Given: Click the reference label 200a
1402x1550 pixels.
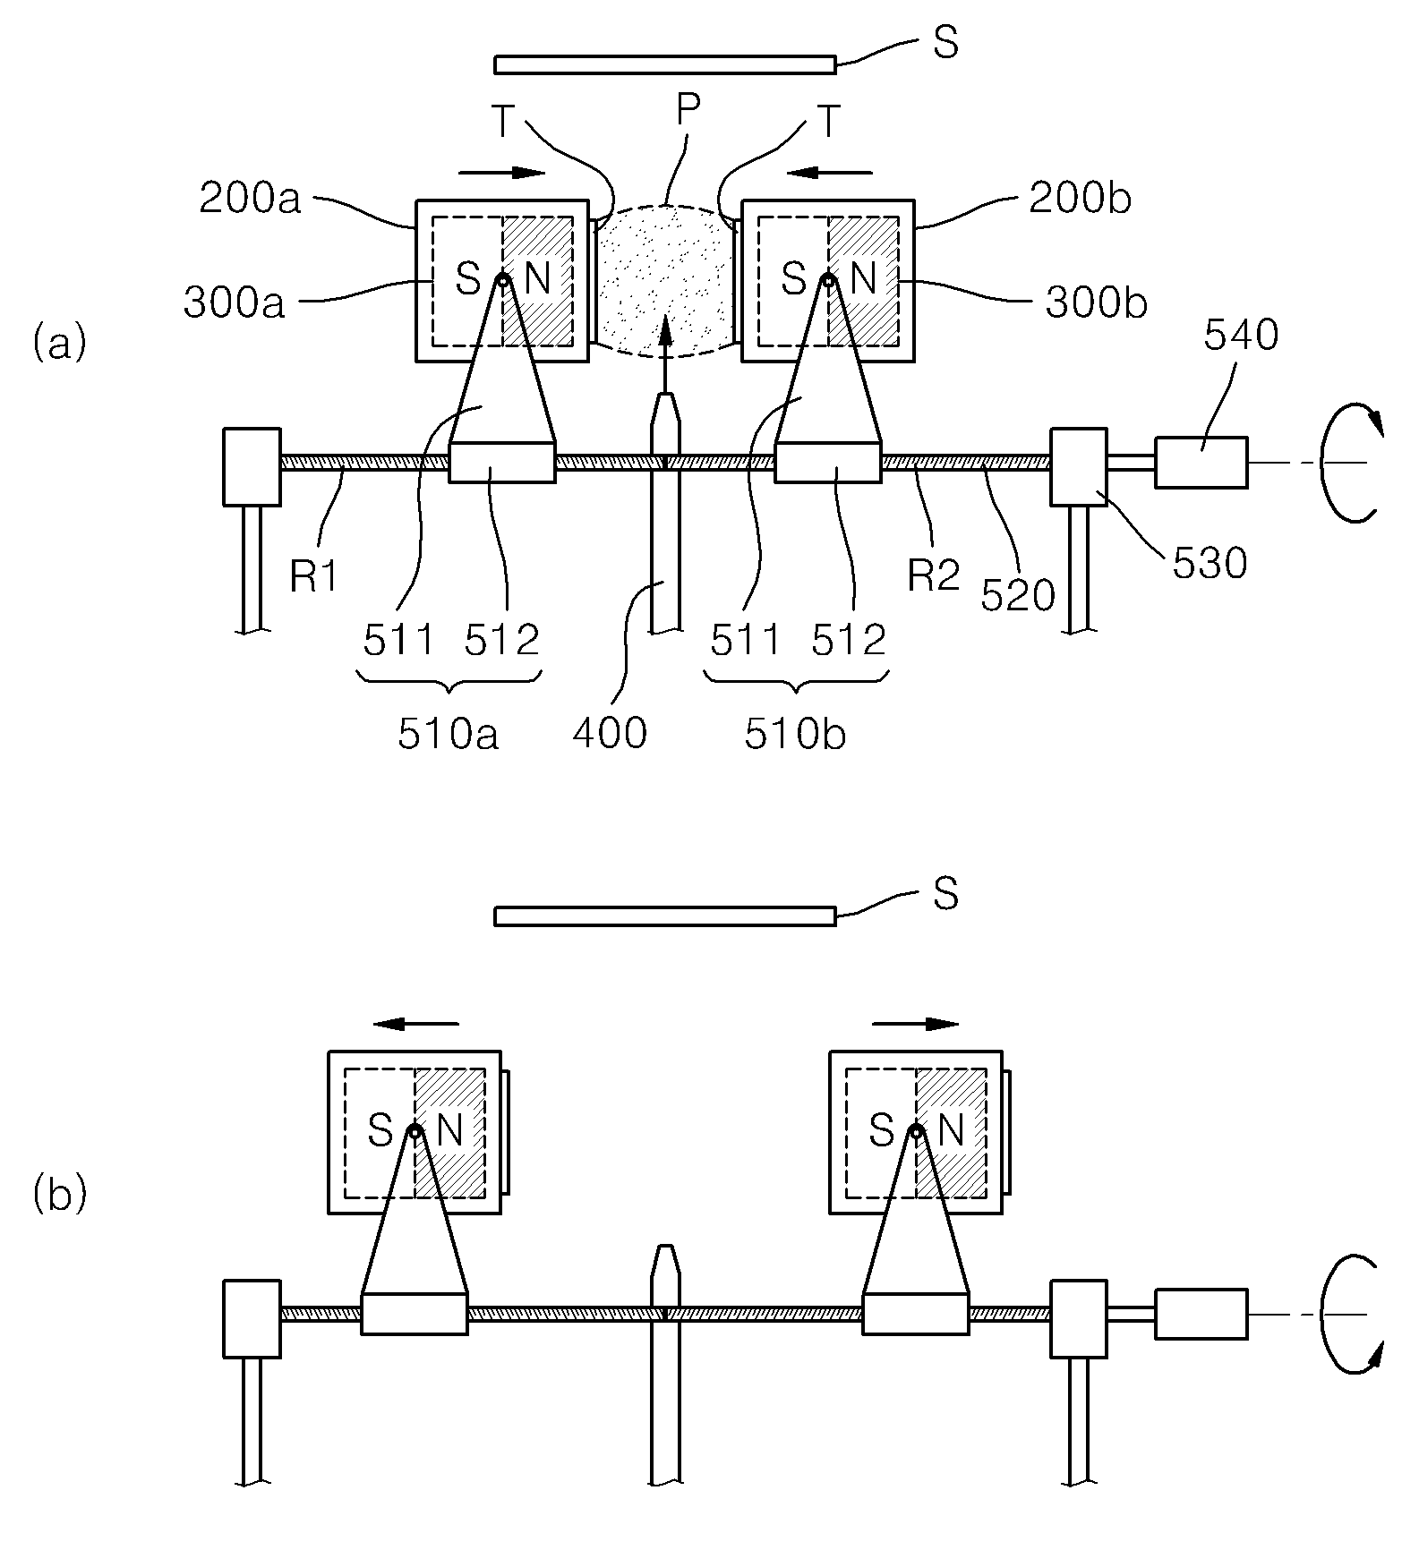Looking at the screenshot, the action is (250, 199).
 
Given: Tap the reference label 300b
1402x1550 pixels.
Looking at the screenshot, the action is (1097, 303).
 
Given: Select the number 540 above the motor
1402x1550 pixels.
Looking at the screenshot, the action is (1241, 336).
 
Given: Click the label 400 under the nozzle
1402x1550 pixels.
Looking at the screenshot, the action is (610, 733).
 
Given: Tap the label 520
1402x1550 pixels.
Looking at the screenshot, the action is (1018, 594).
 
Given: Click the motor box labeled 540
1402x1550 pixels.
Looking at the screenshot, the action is (1201, 462).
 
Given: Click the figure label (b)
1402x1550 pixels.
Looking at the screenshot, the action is (60, 1196).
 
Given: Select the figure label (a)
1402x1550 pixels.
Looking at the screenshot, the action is (60, 343).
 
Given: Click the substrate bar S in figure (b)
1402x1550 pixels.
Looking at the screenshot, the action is (665, 916).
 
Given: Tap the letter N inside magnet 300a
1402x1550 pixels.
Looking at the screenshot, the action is (537, 280).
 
